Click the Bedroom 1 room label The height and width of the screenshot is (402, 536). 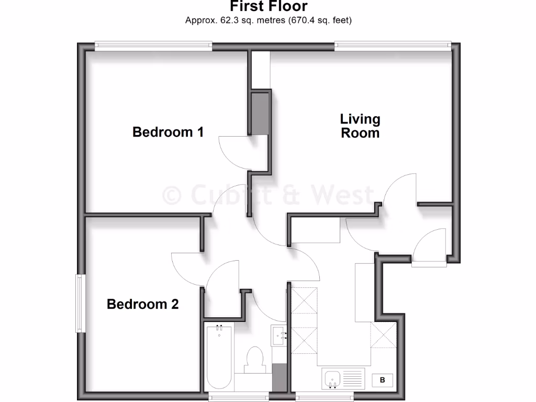[x=168, y=132]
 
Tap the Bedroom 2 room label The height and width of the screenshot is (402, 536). [x=142, y=304]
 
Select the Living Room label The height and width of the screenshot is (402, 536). [x=360, y=126]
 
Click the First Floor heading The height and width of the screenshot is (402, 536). [x=269, y=7]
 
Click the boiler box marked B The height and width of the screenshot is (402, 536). [x=382, y=380]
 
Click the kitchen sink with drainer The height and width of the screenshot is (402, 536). [x=342, y=378]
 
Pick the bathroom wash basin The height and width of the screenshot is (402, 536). [x=279, y=335]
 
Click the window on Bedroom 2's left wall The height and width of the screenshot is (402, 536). [x=80, y=304]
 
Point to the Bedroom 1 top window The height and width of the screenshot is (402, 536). [x=153, y=47]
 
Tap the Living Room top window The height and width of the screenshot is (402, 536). [x=393, y=47]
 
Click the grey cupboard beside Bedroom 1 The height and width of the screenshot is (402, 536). [x=260, y=113]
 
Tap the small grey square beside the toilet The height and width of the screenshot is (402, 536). [x=280, y=377]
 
